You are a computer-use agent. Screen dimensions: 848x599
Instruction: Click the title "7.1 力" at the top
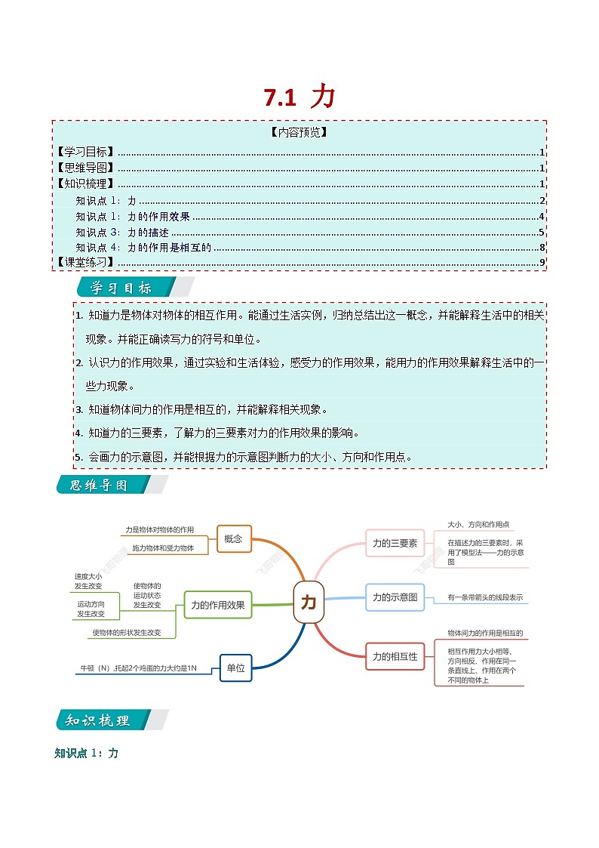point(299,97)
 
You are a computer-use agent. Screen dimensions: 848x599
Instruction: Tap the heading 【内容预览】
point(299,132)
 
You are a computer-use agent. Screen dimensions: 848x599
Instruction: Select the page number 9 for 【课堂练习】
point(542,263)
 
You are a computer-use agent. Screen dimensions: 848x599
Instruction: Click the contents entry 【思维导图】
point(85,168)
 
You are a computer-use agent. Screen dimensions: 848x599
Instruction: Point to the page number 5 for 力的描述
point(542,232)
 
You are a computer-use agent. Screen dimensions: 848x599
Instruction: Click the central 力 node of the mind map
point(309,602)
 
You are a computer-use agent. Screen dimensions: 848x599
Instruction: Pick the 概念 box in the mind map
point(234,538)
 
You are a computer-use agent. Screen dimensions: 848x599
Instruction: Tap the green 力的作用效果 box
point(218,605)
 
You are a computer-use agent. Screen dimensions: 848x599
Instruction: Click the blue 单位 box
point(235,668)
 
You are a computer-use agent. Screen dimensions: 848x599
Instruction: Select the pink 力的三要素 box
point(395,543)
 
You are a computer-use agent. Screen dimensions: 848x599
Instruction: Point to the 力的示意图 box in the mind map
point(395,597)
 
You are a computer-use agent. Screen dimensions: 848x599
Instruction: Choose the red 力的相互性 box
point(395,656)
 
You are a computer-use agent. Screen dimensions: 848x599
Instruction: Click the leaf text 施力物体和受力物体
point(163,548)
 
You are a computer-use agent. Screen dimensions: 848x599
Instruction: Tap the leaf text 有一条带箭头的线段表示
point(484,597)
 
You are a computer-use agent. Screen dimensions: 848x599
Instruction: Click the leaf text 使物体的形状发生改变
point(127,632)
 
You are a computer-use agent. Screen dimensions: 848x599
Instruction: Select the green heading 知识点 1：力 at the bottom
point(87,753)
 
